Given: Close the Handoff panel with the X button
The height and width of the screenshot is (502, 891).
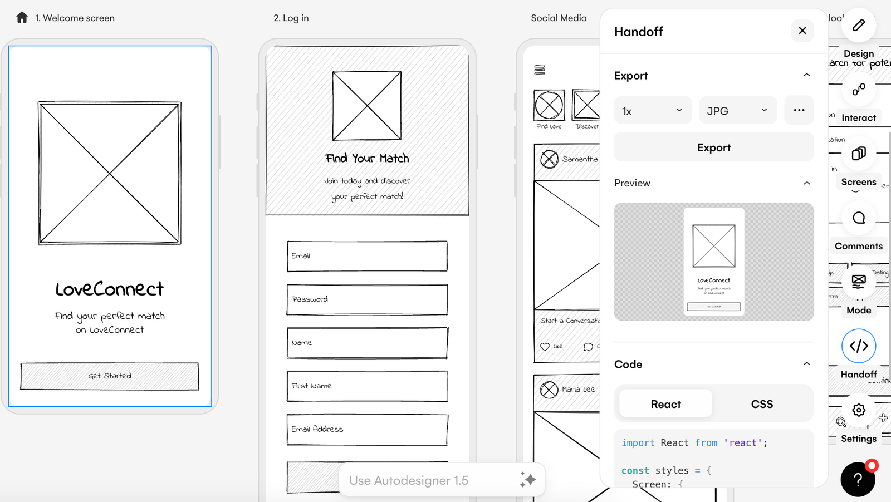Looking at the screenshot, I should (802, 31).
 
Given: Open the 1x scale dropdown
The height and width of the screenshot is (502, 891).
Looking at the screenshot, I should (653, 111).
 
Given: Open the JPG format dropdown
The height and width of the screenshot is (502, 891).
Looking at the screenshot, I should (737, 111).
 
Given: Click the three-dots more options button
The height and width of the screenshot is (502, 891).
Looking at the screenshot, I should (799, 110).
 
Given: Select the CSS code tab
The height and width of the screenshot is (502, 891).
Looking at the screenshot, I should (761, 404).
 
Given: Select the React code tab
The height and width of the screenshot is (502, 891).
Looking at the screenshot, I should (665, 404).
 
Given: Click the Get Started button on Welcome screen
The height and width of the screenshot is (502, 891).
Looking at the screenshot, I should (110, 376).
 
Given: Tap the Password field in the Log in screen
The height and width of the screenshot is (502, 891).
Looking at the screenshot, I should (367, 299).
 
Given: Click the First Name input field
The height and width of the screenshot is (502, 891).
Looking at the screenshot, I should (367, 386).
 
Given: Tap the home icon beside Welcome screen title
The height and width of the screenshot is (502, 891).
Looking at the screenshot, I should (22, 18).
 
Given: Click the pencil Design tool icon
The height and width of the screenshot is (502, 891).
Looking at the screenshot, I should (859, 25).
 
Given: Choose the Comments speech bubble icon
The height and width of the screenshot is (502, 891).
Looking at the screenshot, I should (859, 218).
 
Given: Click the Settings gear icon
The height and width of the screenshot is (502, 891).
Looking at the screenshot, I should (859, 410).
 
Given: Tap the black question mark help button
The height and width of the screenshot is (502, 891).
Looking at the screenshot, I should (858, 479).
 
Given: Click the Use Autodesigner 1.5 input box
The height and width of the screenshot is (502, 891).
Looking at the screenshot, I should (429, 480).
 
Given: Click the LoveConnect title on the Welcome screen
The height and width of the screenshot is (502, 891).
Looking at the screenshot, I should (110, 289).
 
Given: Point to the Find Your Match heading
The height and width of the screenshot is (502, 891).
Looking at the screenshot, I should (367, 159).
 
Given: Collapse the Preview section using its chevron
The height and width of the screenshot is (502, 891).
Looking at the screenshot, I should (806, 183).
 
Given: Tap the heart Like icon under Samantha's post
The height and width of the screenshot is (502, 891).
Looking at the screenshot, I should (545, 347).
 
